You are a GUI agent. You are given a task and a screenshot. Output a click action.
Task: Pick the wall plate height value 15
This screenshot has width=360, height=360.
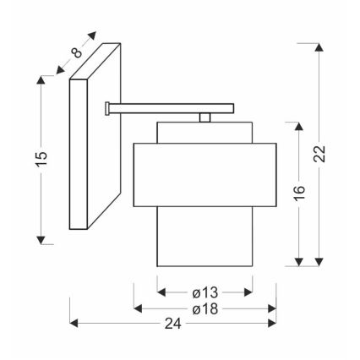click(x=41, y=158)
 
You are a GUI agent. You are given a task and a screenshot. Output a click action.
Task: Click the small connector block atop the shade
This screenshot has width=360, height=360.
click(x=203, y=119)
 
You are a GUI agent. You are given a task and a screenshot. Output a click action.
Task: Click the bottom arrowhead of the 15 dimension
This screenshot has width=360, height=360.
click(x=41, y=239)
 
